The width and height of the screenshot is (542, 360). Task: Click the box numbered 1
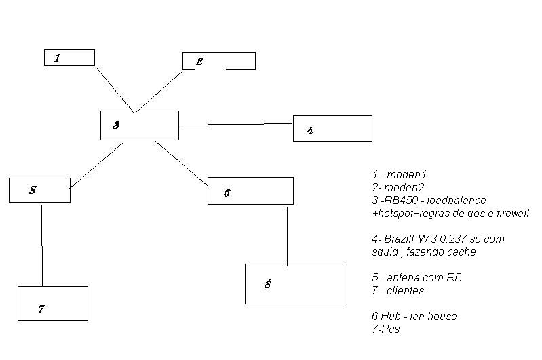[x=69, y=58]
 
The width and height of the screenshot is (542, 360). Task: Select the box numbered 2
[x=218, y=61]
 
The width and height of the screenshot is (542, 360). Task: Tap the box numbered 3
[x=139, y=125]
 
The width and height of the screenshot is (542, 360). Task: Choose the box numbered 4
[x=332, y=128]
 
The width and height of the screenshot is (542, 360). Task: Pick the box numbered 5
[x=40, y=190]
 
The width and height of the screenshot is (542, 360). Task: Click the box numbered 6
[x=250, y=191]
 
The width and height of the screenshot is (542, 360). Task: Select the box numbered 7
[x=52, y=303]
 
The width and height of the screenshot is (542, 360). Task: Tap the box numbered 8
[x=294, y=284]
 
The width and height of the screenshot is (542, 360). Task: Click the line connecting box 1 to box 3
[x=114, y=88]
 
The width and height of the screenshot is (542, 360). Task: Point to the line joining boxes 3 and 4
[x=236, y=125]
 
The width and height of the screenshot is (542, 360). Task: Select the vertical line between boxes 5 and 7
[x=42, y=244]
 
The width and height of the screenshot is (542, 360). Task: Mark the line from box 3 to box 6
[x=182, y=163]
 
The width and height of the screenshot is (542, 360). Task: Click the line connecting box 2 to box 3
[x=161, y=91]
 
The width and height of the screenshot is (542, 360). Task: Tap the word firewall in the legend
[x=508, y=213]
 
